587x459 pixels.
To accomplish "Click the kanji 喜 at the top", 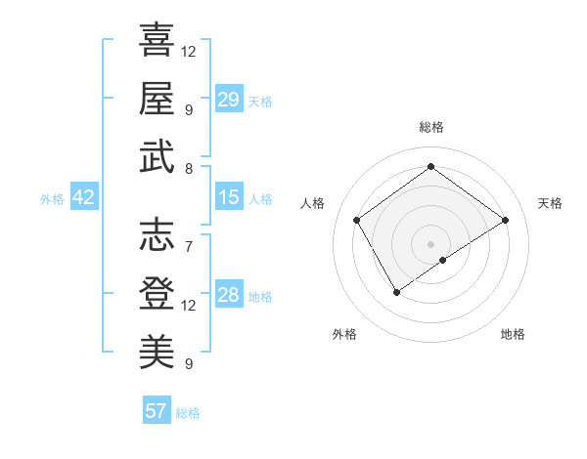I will (157, 41).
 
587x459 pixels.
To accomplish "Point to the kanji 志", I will (157, 235).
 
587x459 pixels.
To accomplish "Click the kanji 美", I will (157, 352).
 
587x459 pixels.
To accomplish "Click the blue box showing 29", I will (229, 100).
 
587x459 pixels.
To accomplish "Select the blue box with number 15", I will (229, 197).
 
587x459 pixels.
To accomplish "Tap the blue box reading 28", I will (229, 295).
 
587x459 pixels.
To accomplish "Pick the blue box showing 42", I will (84, 197).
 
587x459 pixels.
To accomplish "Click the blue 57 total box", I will (157, 411).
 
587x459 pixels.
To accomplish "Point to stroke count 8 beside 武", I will (188, 168).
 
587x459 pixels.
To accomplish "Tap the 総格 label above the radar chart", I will (430, 127).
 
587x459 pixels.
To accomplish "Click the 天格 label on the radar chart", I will (550, 203).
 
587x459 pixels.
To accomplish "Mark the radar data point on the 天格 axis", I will (505, 220).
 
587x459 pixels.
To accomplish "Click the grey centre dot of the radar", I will (430, 243).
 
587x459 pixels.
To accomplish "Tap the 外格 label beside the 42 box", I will (52, 198).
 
